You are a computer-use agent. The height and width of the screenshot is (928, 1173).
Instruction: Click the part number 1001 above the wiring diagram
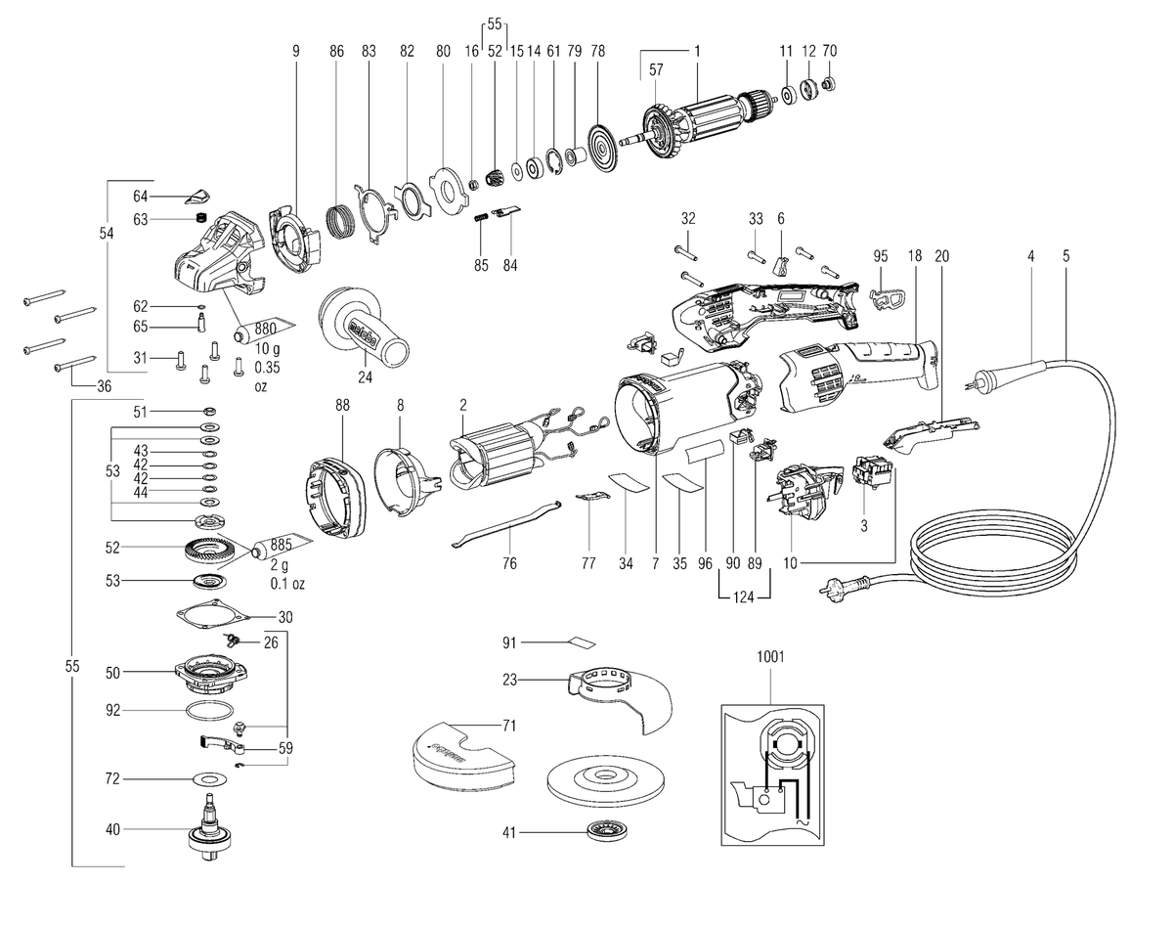(x=770, y=656)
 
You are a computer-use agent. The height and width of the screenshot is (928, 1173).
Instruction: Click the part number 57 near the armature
(x=656, y=69)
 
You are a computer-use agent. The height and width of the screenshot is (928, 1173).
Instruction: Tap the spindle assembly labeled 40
(x=211, y=831)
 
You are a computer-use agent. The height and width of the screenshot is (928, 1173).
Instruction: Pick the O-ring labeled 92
(x=210, y=711)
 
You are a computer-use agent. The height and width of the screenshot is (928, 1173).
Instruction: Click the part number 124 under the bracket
(x=744, y=597)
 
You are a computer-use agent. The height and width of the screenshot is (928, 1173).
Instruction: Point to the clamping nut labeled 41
(x=604, y=832)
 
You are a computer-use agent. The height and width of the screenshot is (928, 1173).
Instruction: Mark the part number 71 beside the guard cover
(x=509, y=726)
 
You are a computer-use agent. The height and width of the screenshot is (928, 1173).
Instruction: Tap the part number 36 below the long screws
(x=104, y=386)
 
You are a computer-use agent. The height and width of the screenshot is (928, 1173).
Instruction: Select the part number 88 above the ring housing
(x=342, y=405)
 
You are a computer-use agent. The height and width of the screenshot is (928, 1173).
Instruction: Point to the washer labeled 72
(x=210, y=779)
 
